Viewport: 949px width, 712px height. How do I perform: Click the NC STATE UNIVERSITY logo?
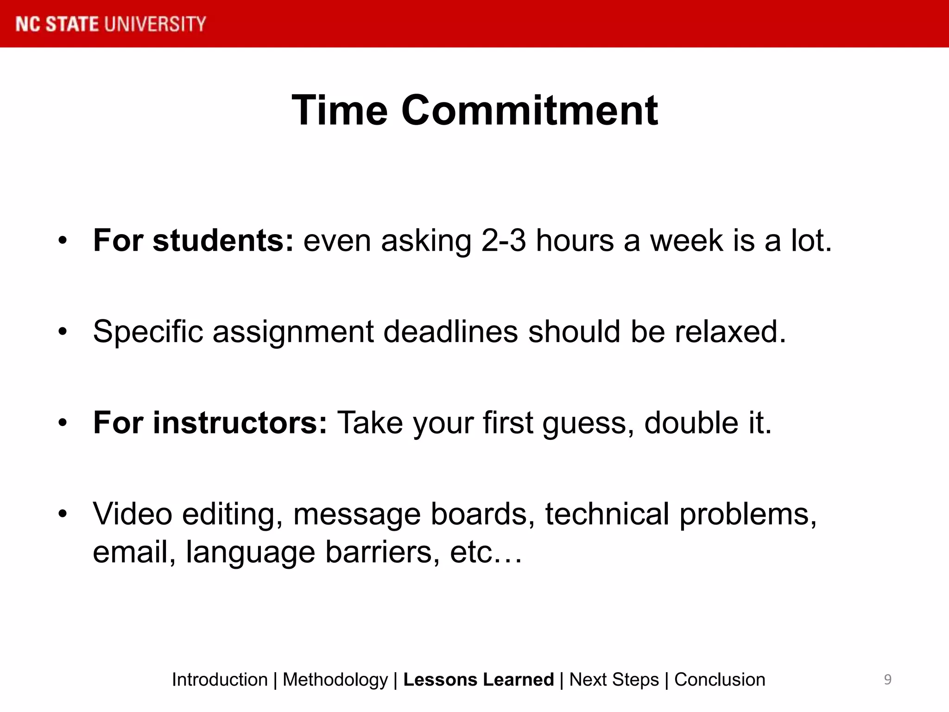click(x=110, y=24)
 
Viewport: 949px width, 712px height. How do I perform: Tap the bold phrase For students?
click(x=193, y=241)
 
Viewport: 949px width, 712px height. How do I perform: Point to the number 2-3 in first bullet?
click(x=503, y=241)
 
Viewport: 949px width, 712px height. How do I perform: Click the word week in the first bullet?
click(x=686, y=241)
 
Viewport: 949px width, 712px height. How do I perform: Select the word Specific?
click(x=148, y=332)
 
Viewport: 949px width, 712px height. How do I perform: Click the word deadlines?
click(x=450, y=331)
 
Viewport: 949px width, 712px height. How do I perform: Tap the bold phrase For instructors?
click(x=210, y=423)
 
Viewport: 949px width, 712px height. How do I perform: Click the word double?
click(x=691, y=423)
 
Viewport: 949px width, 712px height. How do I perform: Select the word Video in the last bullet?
click(x=133, y=514)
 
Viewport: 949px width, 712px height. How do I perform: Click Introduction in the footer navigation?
click(x=220, y=680)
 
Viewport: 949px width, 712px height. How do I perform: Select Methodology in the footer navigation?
click(x=335, y=680)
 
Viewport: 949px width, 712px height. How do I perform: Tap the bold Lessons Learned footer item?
click(x=478, y=680)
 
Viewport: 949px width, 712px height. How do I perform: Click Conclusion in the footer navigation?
click(x=719, y=680)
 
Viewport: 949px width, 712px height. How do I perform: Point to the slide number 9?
click(x=887, y=680)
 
